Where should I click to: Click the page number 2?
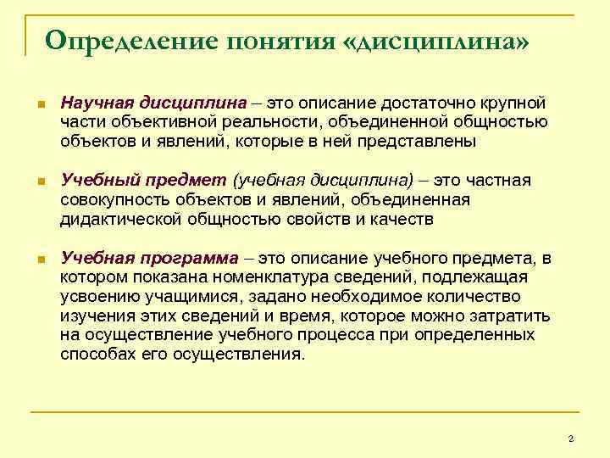(571, 438)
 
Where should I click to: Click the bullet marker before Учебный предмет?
(40, 182)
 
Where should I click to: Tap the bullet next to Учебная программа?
(40, 258)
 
